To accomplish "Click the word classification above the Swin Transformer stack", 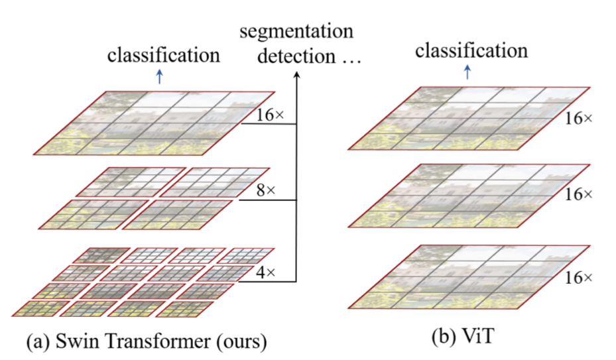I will point(163,55).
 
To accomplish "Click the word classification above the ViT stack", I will point(471,50).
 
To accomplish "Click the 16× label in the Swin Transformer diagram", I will point(270,114).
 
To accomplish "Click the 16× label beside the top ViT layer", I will point(580,119).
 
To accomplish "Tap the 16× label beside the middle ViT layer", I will point(580,195).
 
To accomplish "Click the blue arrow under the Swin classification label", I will point(158,77).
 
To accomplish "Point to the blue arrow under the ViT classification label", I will point(467,72).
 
